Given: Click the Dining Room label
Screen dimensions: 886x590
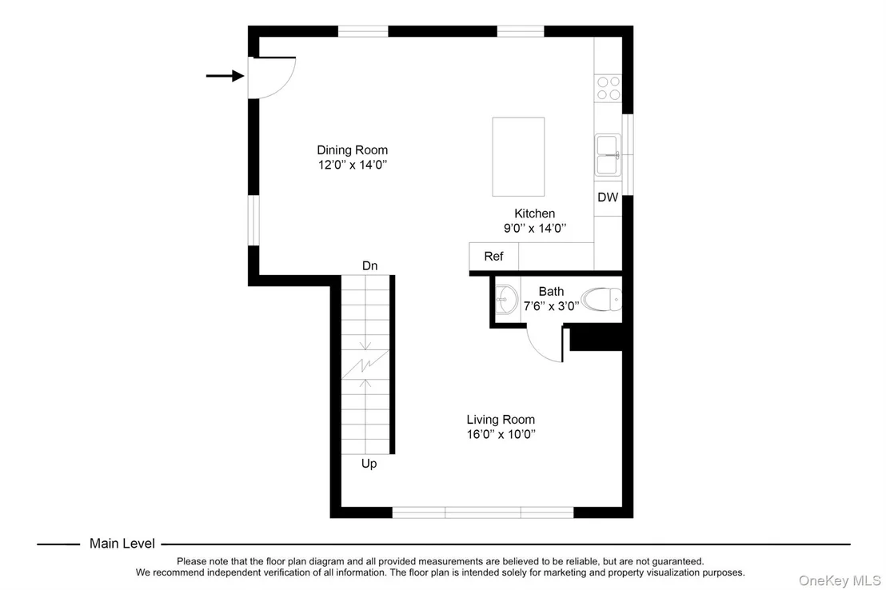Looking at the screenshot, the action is coord(352,150).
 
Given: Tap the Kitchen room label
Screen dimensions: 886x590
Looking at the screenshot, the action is coord(534,213).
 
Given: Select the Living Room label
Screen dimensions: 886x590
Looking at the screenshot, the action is coord(501,420).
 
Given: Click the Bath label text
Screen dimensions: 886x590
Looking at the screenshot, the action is coord(551,292).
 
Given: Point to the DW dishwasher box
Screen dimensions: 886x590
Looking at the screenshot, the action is coord(608,197).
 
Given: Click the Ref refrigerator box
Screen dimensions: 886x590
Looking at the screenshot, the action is coord(494,257).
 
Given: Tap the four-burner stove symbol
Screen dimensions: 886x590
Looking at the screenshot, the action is coord(609,89).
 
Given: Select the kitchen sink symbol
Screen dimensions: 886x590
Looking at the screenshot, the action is coord(608,155).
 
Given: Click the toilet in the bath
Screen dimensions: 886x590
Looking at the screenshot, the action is coord(602,300).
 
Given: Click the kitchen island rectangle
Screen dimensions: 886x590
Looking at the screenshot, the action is coord(518,157).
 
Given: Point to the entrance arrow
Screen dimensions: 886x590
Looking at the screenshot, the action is coord(225,76).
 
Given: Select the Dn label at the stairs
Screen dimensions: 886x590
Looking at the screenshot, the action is coord(369,265).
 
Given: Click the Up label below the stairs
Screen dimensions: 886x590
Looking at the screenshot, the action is coord(369,464).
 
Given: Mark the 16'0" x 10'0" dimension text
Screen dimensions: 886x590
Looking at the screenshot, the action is coord(501,435).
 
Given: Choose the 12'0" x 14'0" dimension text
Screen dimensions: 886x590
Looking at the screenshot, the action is coord(353,165).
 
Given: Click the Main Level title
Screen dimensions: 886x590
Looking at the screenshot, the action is coord(122,544).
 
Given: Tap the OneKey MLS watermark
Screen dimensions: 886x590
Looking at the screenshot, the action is coord(840,581).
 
